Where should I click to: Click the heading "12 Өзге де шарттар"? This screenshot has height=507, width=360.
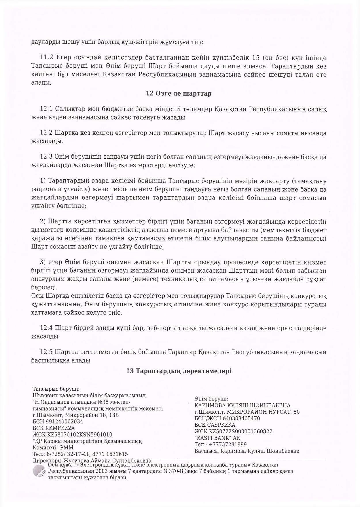179,94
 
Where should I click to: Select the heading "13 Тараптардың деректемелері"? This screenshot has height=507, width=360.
179,371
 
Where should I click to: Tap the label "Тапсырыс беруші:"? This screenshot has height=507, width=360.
56,389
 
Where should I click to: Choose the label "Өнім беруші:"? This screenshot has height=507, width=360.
211,399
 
